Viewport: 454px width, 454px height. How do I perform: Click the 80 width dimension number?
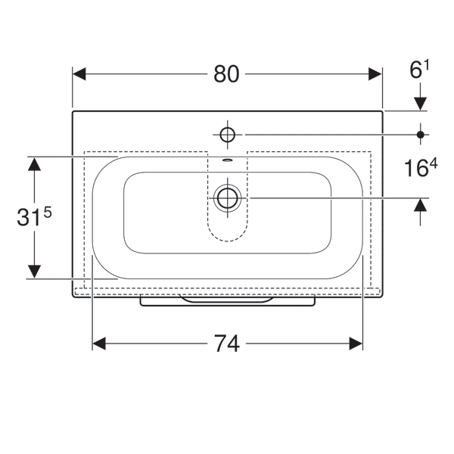(226, 74)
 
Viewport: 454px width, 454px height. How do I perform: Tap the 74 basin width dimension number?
(227, 344)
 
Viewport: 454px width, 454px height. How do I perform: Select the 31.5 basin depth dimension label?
(34, 216)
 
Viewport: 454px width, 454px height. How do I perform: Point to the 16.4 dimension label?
(421, 167)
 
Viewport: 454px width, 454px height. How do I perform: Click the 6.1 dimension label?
(419, 69)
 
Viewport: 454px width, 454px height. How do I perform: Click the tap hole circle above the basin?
(227, 135)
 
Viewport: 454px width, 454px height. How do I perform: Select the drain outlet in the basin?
(228, 198)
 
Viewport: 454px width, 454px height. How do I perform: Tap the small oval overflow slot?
(228, 160)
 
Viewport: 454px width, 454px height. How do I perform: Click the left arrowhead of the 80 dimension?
(79, 74)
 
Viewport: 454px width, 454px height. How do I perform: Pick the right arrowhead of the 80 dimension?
(375, 74)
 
